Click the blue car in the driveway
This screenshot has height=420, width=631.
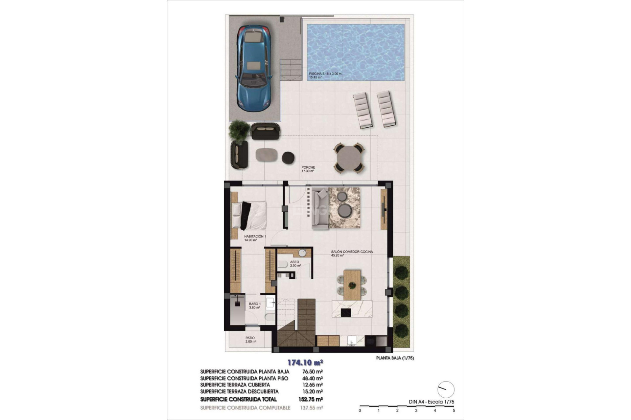pyautogui.click(x=253, y=68)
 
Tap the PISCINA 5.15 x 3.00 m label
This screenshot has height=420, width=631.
pyautogui.click(x=325, y=74)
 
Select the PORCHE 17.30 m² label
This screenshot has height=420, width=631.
pyautogui.click(x=308, y=169)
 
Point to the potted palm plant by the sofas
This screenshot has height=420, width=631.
pyautogui.click(x=239, y=131)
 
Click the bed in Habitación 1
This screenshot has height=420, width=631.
pyautogui.click(x=249, y=215)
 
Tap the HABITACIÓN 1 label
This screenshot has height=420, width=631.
pyautogui.click(x=255, y=237)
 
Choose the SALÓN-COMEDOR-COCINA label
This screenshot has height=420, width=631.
pyautogui.click(x=352, y=252)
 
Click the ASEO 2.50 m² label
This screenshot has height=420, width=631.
pyautogui.click(x=295, y=263)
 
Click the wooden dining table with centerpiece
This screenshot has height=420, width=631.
pyautogui.click(x=352, y=284)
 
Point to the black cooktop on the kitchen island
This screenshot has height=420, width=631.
pyautogui.click(x=346, y=312)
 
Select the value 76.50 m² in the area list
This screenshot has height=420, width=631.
pyautogui.click(x=312, y=372)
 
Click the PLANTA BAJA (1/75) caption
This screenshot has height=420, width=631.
pyautogui.click(x=395, y=358)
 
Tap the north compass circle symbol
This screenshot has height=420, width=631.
pyautogui.click(x=446, y=390)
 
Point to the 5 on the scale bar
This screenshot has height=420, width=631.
pyautogui.click(x=454, y=410)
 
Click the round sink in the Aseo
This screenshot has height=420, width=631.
pyautogui.click(x=302, y=253)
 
